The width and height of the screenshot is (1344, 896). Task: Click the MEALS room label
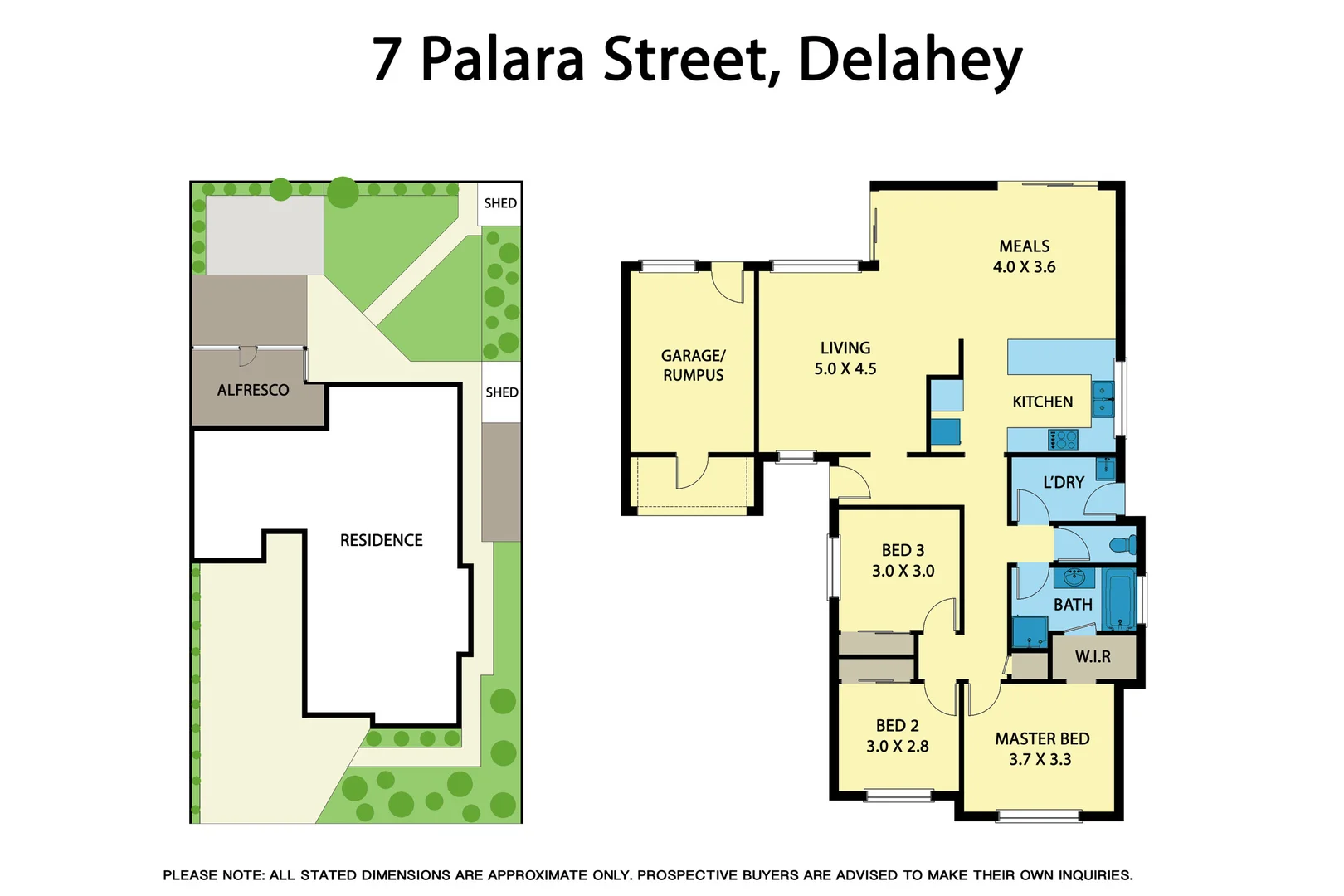[x=1024, y=246]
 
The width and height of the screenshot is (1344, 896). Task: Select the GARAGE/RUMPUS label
[x=693, y=365]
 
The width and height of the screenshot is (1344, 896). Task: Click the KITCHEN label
[x=1042, y=402]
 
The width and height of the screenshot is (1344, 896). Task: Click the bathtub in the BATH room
[x=1120, y=600]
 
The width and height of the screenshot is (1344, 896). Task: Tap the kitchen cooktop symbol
[x=1063, y=439]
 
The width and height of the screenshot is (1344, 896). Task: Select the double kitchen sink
[x=1103, y=398]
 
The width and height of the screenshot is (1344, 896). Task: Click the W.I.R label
[x=1093, y=657]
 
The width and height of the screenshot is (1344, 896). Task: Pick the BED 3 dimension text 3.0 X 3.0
[x=903, y=571]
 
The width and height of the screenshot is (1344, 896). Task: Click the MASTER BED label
[x=1042, y=738]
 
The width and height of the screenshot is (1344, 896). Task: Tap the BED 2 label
[x=897, y=725]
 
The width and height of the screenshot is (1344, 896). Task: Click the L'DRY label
[x=1063, y=482]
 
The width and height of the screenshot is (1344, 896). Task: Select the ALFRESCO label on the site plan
[x=253, y=390]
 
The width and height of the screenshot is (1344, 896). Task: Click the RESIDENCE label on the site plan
[x=381, y=540]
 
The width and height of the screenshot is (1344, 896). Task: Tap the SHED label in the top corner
[x=500, y=203]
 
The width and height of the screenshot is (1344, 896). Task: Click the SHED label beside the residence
[x=502, y=392]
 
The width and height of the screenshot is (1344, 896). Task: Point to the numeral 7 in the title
[x=387, y=60]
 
